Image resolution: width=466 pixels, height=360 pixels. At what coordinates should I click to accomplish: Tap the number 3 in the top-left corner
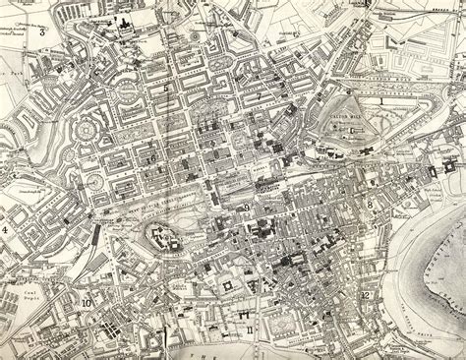[44, 31]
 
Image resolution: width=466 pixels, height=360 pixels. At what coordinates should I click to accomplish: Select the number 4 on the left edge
[7, 229]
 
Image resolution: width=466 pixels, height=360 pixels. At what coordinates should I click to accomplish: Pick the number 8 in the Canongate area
[370, 204]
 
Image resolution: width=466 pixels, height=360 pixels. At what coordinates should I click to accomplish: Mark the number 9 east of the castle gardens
[244, 208]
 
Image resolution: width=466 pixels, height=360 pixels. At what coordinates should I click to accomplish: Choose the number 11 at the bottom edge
[250, 329]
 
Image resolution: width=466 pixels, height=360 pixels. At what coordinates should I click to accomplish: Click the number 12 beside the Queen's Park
[365, 295]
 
